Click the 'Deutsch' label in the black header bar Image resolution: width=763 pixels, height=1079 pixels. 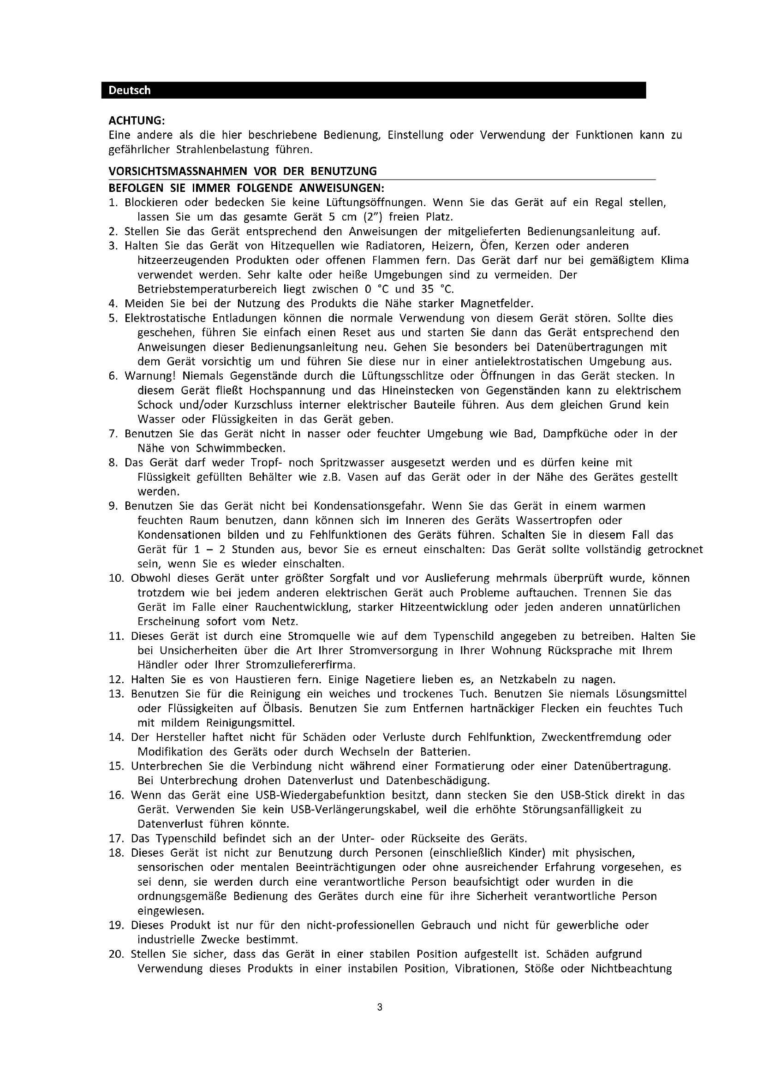click(129, 90)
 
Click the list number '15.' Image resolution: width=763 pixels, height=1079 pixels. click(116, 766)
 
